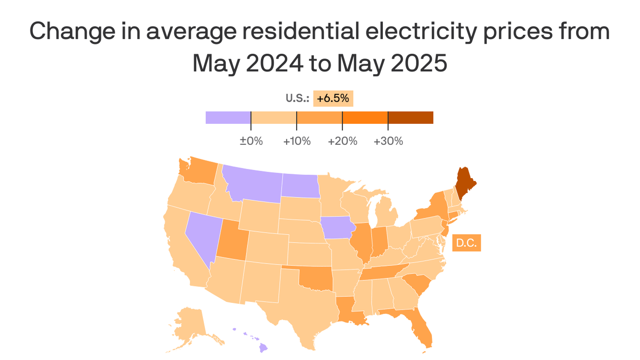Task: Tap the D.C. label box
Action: click(466, 244)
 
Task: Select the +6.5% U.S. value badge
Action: click(333, 98)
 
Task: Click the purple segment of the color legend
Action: click(228, 118)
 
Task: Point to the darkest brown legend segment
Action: click(410, 118)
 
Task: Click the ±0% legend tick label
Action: click(251, 141)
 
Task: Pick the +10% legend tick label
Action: click(297, 141)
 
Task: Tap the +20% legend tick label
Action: click(342, 141)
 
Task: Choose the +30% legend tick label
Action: click(388, 141)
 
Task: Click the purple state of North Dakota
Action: click(300, 185)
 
